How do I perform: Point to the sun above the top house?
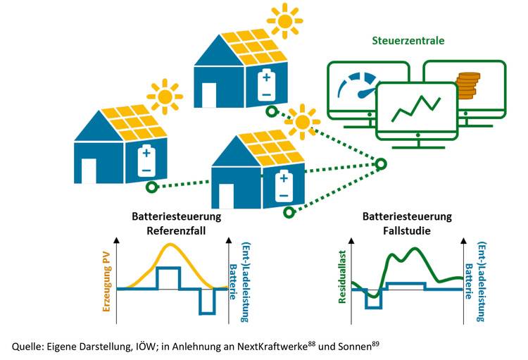284,21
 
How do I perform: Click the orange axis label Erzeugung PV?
108,284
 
